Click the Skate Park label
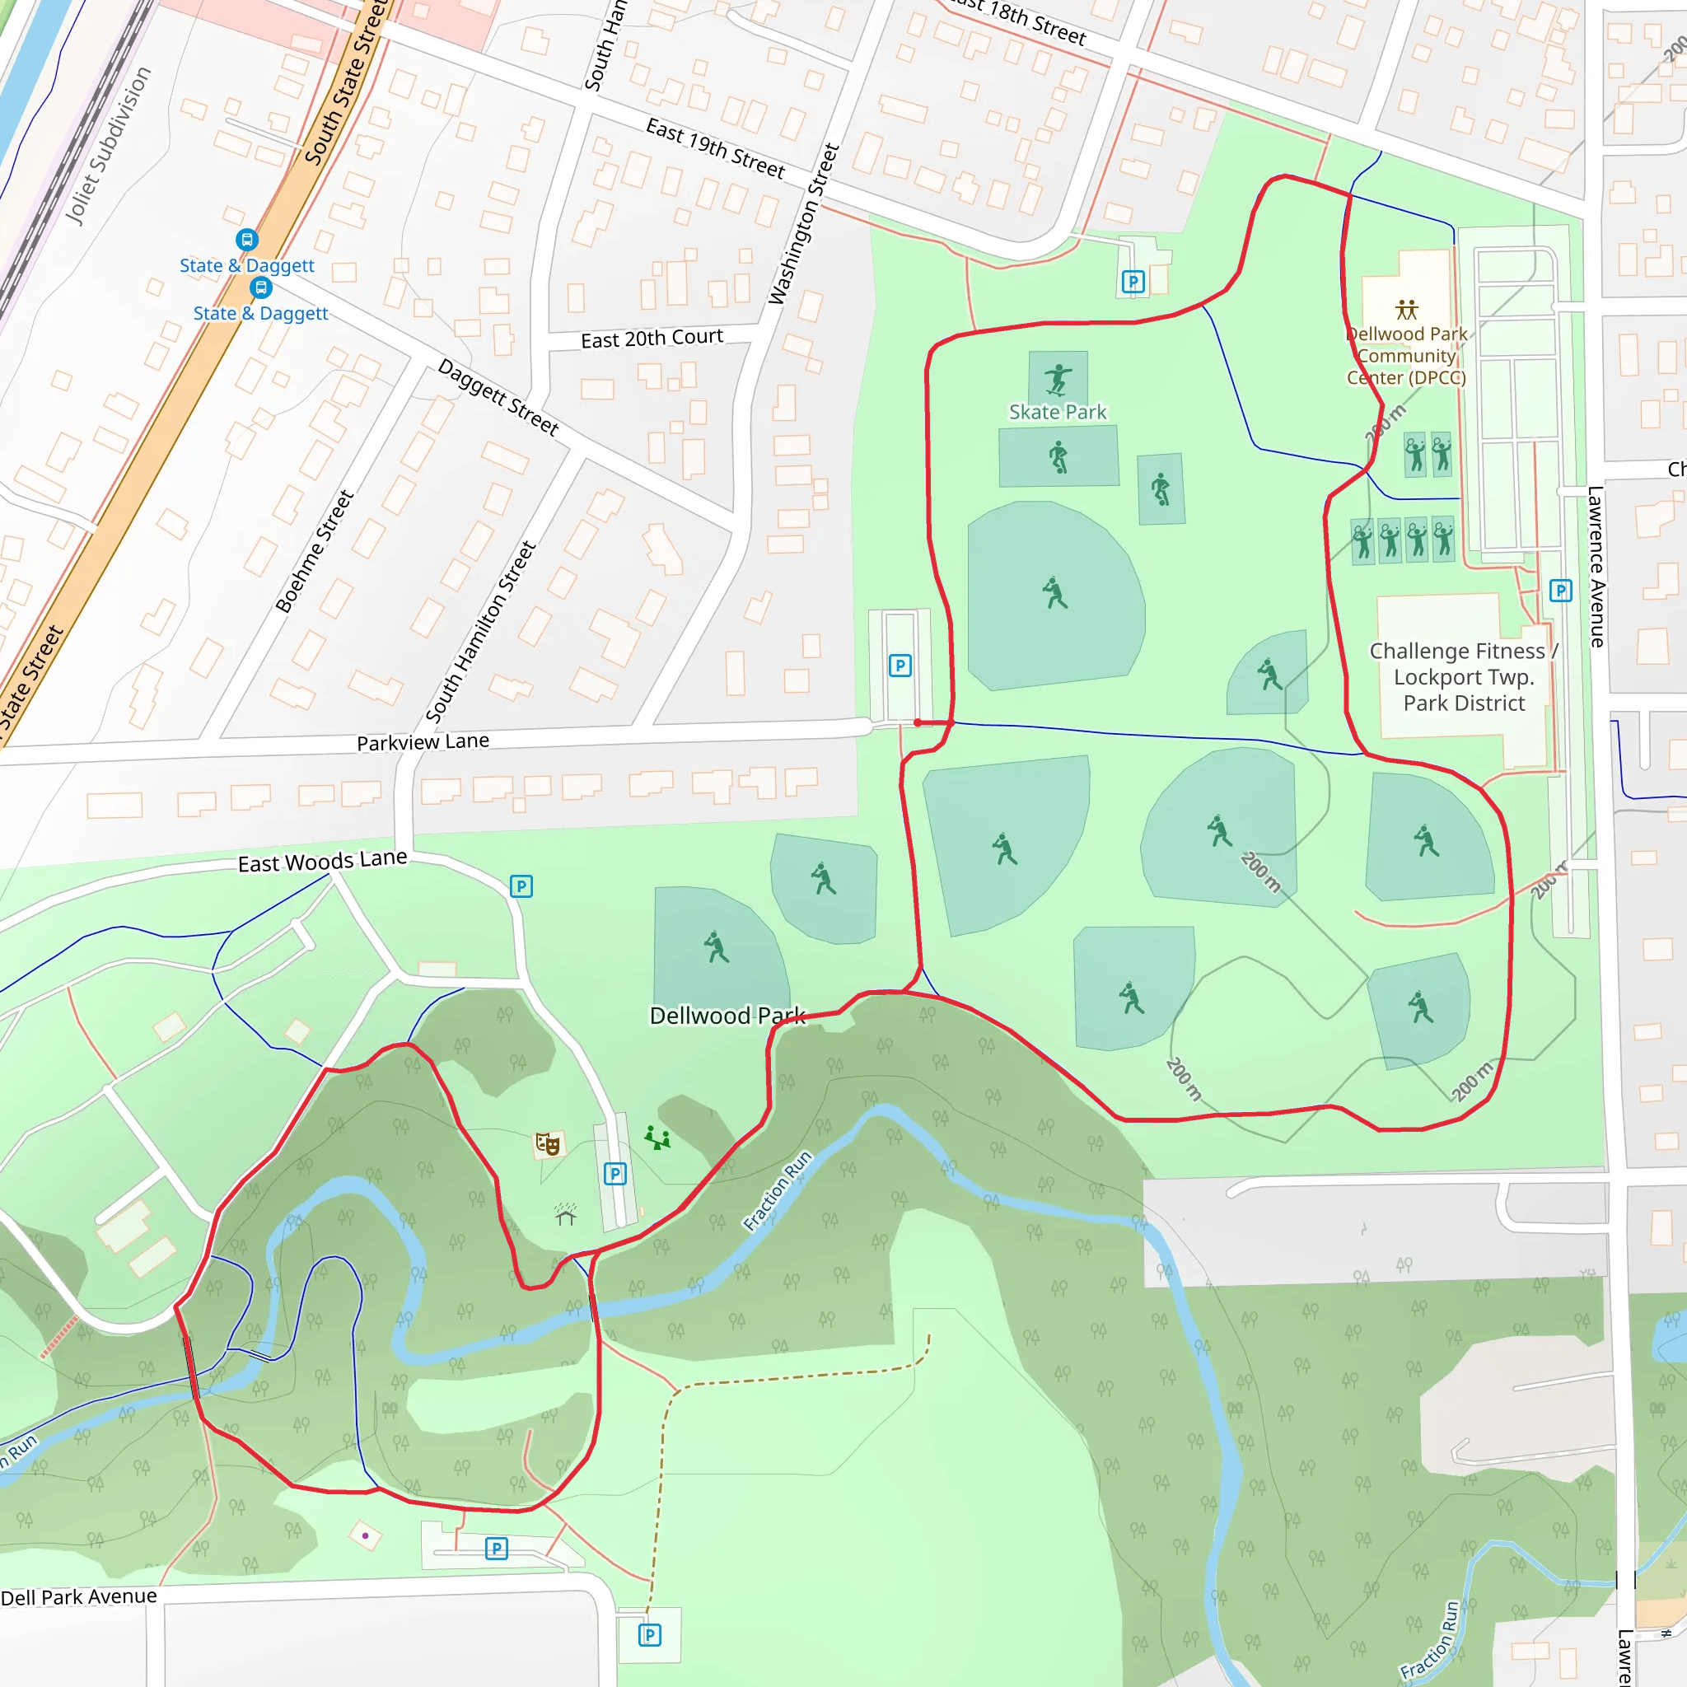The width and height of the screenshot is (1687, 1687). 1058,411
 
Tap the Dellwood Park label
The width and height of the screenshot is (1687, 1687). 727,1016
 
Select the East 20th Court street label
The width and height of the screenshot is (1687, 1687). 652,338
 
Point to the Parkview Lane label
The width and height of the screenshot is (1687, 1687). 423,742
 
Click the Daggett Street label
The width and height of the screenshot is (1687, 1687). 498,397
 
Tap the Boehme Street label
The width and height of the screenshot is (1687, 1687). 315,551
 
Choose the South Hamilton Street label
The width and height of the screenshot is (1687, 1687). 480,631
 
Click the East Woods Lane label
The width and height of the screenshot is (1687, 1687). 322,861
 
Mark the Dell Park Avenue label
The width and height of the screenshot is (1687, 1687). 78,1597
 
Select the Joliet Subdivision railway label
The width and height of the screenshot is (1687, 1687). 108,146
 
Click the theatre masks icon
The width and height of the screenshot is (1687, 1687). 548,1143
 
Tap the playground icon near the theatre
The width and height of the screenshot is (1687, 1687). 657,1138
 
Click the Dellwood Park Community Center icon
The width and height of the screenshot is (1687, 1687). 1406,309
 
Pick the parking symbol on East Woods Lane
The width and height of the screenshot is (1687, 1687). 521,886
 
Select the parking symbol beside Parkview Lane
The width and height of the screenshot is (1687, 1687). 900,666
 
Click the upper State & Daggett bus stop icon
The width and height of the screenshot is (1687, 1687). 247,239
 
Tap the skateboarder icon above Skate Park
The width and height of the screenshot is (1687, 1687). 1058,378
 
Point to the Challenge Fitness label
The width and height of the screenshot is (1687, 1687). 1464,677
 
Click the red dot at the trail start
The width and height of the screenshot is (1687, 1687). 918,722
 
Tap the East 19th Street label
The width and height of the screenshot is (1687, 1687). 714,148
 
